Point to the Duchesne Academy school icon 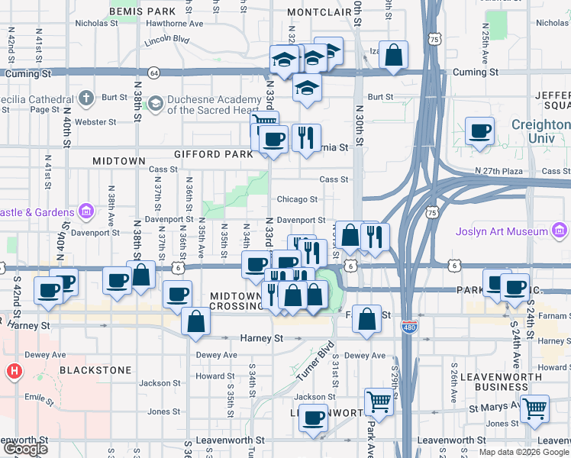[156, 102]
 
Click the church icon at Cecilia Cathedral [86, 98]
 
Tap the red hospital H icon [13, 373]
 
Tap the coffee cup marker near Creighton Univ [479, 131]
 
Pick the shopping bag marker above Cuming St [393, 55]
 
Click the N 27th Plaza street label [499, 170]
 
